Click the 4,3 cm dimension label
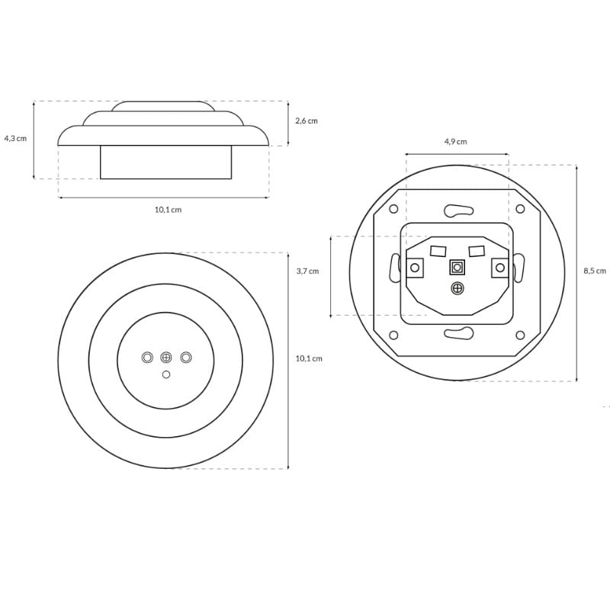pyautogui.click(x=15, y=138)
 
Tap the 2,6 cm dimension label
pyautogui.click(x=307, y=120)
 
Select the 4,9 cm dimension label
pyautogui.click(x=455, y=142)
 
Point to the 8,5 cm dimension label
pyautogui.click(x=595, y=271)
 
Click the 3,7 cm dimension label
pyautogui.click(x=308, y=271)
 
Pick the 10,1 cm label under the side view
pyautogui.click(x=168, y=210)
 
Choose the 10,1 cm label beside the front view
pyautogui.click(x=309, y=358)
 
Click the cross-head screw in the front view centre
pyautogui.click(x=166, y=357)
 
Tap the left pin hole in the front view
pyautogui.click(x=147, y=357)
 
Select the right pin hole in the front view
pyautogui.click(x=186, y=357)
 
